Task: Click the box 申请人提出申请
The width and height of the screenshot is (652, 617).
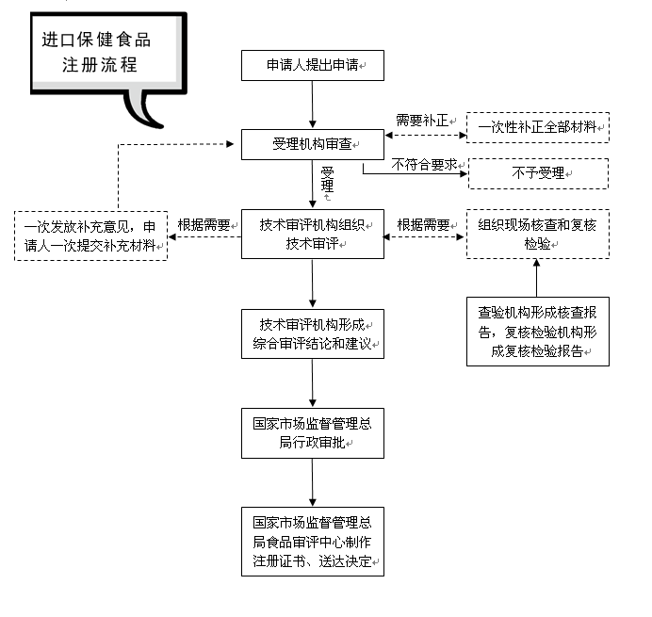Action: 312,65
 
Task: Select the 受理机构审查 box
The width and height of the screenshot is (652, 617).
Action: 312,144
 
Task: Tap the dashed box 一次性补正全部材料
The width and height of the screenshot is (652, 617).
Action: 538,126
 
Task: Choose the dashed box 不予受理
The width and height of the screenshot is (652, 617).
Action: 538,173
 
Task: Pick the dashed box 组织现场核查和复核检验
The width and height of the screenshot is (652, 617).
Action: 538,234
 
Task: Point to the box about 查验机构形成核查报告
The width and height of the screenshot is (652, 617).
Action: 538,332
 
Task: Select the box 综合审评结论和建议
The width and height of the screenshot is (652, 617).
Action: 312,333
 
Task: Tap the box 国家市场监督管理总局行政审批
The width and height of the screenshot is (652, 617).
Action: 312,432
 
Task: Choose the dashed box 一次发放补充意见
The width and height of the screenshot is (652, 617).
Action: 91,235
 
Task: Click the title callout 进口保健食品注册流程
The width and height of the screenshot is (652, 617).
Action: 96,53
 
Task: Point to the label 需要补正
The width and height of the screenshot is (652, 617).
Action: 421,121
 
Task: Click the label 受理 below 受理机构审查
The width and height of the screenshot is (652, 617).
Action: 327,179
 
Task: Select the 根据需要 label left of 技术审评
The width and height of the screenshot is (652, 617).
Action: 204,225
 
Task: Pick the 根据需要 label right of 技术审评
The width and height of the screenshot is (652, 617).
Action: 423,225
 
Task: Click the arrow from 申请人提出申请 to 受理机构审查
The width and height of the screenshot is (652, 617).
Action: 312,105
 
